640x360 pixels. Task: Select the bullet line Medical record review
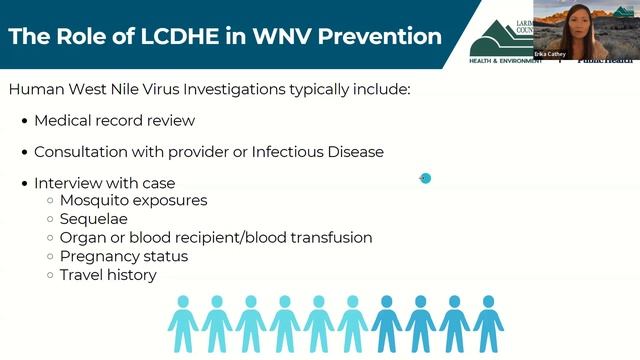pyautogui.click(x=114, y=121)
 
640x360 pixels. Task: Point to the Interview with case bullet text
pyautogui.click(x=104, y=184)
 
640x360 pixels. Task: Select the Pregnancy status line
pyautogui.click(x=123, y=256)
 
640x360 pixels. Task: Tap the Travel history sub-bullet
pyautogui.click(x=108, y=274)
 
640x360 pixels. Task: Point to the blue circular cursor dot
pyautogui.click(x=425, y=179)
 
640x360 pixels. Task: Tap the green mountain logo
pyautogui.click(x=500, y=36)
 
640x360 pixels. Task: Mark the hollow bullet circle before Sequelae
pyautogui.click(x=50, y=219)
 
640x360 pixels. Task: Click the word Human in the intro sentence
pyautogui.click(x=32, y=90)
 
